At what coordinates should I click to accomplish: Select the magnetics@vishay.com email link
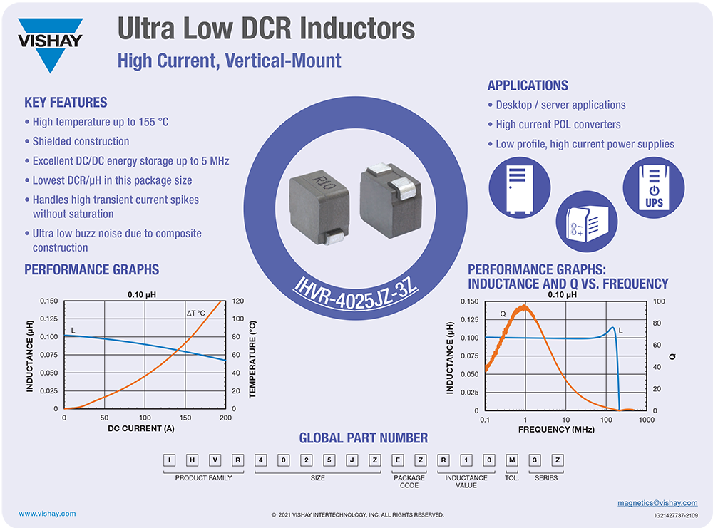click(657, 503)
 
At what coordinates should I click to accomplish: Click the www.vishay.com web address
click(47, 514)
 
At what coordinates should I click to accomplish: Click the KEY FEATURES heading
click(66, 103)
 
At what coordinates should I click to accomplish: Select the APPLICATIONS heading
click(528, 86)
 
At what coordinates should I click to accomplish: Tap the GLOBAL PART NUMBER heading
click(363, 438)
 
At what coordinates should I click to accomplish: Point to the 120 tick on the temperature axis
click(238, 301)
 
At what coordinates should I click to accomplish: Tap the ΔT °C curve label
click(196, 313)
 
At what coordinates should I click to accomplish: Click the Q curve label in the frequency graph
click(503, 314)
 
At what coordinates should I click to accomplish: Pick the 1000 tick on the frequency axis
click(647, 420)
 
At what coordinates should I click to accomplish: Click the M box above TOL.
click(511, 460)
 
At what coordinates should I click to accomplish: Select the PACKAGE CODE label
click(410, 482)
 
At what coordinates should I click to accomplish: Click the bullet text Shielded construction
click(81, 142)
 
